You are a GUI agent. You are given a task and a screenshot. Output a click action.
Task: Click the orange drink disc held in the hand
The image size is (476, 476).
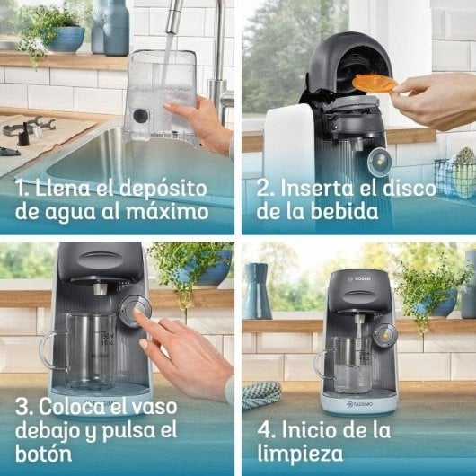point(375,84)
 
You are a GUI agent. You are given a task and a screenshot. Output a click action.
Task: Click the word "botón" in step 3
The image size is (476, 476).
point(42,454)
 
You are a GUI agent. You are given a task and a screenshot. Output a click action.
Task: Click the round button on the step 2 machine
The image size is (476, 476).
point(379,159)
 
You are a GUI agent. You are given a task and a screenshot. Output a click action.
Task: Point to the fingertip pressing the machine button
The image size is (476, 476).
point(144,315)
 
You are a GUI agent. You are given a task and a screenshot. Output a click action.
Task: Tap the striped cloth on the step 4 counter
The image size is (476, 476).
point(262,392)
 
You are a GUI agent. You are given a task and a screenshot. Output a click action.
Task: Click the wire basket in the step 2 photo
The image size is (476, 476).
point(453,176)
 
